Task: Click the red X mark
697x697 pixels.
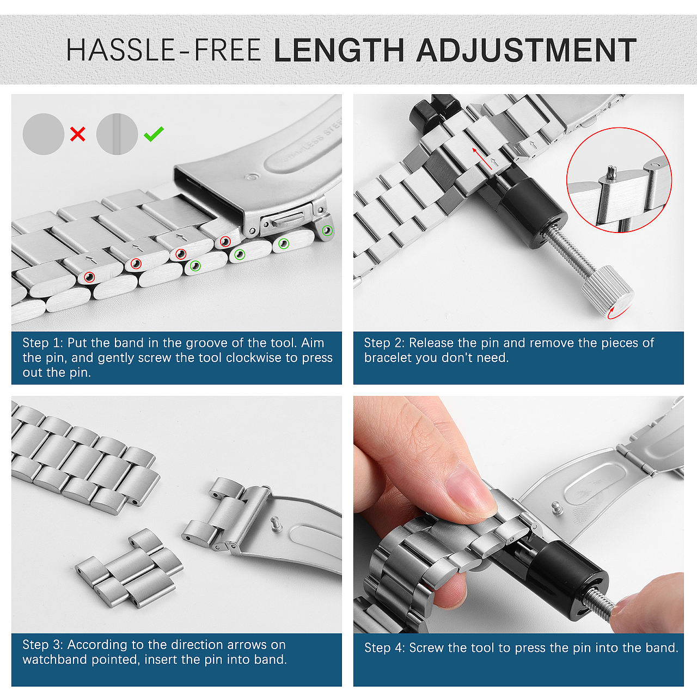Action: point(78,134)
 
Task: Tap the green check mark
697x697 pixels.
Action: point(154,134)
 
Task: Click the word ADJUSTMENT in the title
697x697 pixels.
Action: point(526,50)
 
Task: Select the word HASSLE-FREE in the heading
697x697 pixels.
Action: point(163,50)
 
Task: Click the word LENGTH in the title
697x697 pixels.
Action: point(339,50)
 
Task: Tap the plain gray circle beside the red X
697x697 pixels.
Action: point(44,134)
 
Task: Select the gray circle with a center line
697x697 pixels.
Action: point(117,134)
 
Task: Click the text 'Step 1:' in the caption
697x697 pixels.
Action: point(42,343)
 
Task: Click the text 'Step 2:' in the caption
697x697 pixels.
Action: point(384,343)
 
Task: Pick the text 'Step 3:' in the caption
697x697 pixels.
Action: point(42,645)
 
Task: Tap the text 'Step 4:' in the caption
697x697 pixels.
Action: point(384,648)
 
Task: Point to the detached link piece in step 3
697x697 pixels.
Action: point(129,568)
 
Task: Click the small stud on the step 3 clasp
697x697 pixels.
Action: point(277,524)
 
